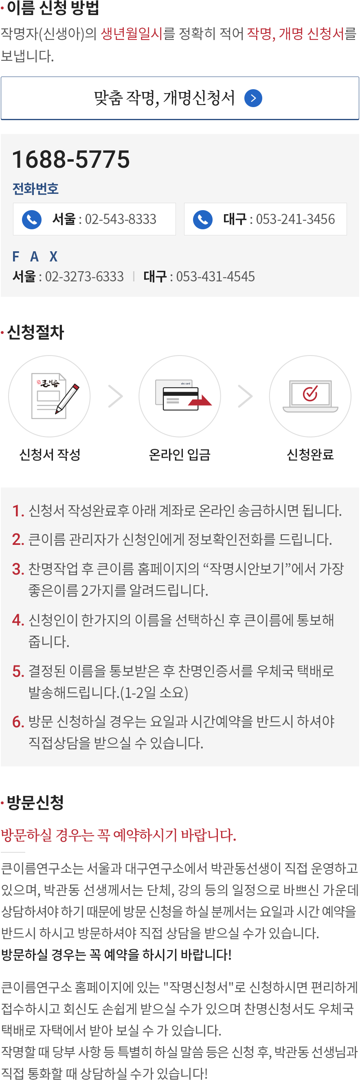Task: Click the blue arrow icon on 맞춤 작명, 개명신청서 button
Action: [x=253, y=98]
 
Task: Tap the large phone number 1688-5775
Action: [x=71, y=159]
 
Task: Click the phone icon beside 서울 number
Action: [x=31, y=219]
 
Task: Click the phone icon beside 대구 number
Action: [x=203, y=219]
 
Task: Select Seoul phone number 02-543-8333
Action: [x=121, y=219]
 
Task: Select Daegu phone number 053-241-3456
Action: [x=296, y=219]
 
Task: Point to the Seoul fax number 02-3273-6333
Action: [x=84, y=277]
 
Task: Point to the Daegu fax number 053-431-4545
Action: [x=215, y=277]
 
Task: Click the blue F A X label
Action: [x=35, y=256]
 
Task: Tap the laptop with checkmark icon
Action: [x=310, y=396]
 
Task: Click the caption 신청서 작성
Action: [x=50, y=454]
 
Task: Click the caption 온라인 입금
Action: [x=180, y=454]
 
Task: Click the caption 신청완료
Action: [x=310, y=454]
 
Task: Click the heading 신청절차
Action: [x=35, y=332]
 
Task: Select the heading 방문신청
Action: [x=35, y=802]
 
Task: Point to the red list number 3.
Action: [x=18, y=569]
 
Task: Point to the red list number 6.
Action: [x=18, y=722]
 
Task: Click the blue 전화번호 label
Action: [x=35, y=189]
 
